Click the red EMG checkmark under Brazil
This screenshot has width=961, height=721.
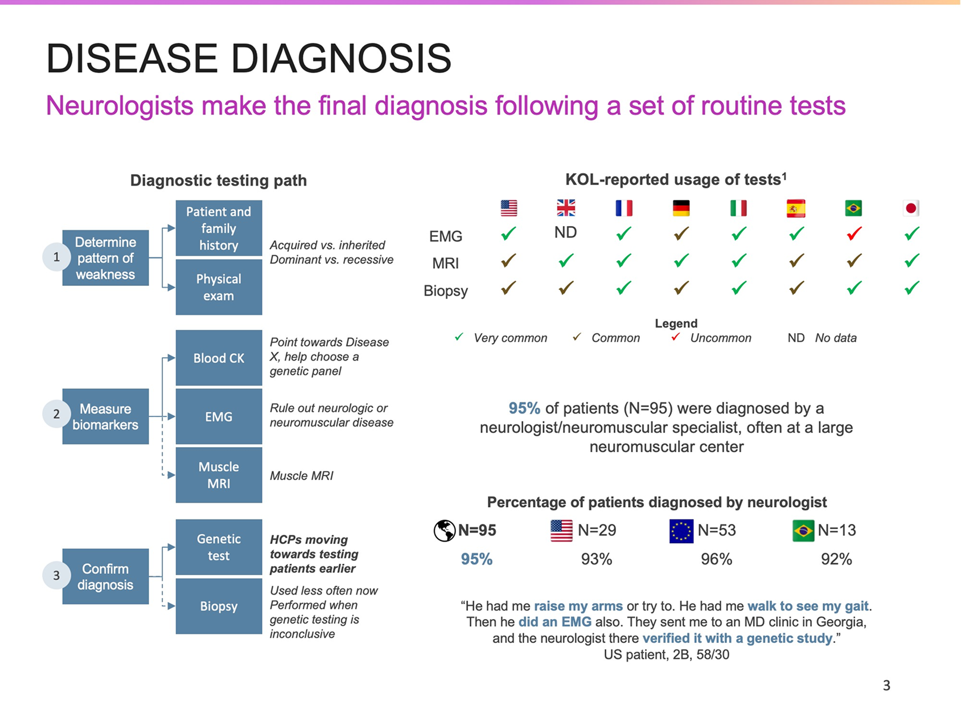[853, 233]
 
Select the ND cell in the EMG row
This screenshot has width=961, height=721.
[566, 232]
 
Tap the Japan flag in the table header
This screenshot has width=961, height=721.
[911, 208]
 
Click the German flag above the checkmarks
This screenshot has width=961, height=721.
[681, 208]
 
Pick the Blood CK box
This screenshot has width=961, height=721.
[219, 358]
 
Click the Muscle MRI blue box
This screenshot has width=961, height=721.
[219, 475]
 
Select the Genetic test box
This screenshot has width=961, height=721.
[219, 547]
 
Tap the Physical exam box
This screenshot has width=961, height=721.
[219, 288]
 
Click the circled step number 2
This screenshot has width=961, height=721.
[56, 414]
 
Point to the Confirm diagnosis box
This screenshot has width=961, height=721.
[105, 576]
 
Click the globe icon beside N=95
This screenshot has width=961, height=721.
[444, 531]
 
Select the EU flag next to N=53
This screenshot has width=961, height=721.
[681, 531]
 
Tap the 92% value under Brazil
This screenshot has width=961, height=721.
[836, 559]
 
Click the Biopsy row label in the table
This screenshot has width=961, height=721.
[446, 291]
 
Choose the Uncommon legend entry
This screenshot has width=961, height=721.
[712, 338]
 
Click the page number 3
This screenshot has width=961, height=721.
[886, 685]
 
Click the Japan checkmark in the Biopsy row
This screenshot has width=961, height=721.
[911, 288]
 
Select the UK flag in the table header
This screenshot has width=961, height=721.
[566, 208]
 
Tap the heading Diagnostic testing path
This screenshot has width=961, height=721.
[219, 181]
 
